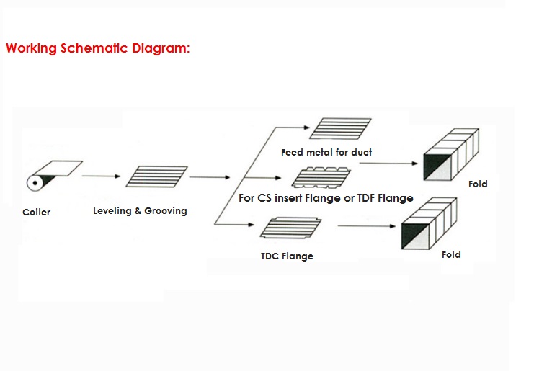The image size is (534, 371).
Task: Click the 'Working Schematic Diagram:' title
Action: (98, 49)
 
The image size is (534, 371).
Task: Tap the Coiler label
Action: (36, 213)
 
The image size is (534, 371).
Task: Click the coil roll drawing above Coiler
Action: (55, 174)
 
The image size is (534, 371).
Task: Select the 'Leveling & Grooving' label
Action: (140, 211)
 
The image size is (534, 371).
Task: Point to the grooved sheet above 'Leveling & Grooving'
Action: (157, 177)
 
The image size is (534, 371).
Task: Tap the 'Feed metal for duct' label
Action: (326, 152)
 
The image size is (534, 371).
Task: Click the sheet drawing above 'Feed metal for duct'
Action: (341, 128)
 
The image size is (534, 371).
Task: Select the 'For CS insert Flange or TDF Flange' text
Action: (326, 198)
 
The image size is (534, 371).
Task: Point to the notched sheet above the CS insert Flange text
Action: (322, 177)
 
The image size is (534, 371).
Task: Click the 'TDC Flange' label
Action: (287, 256)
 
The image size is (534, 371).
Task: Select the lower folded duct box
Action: (430, 227)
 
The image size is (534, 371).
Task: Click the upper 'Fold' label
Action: (478, 184)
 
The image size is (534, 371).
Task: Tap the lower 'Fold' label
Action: (451, 254)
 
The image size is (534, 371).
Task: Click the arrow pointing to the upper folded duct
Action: (389, 164)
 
